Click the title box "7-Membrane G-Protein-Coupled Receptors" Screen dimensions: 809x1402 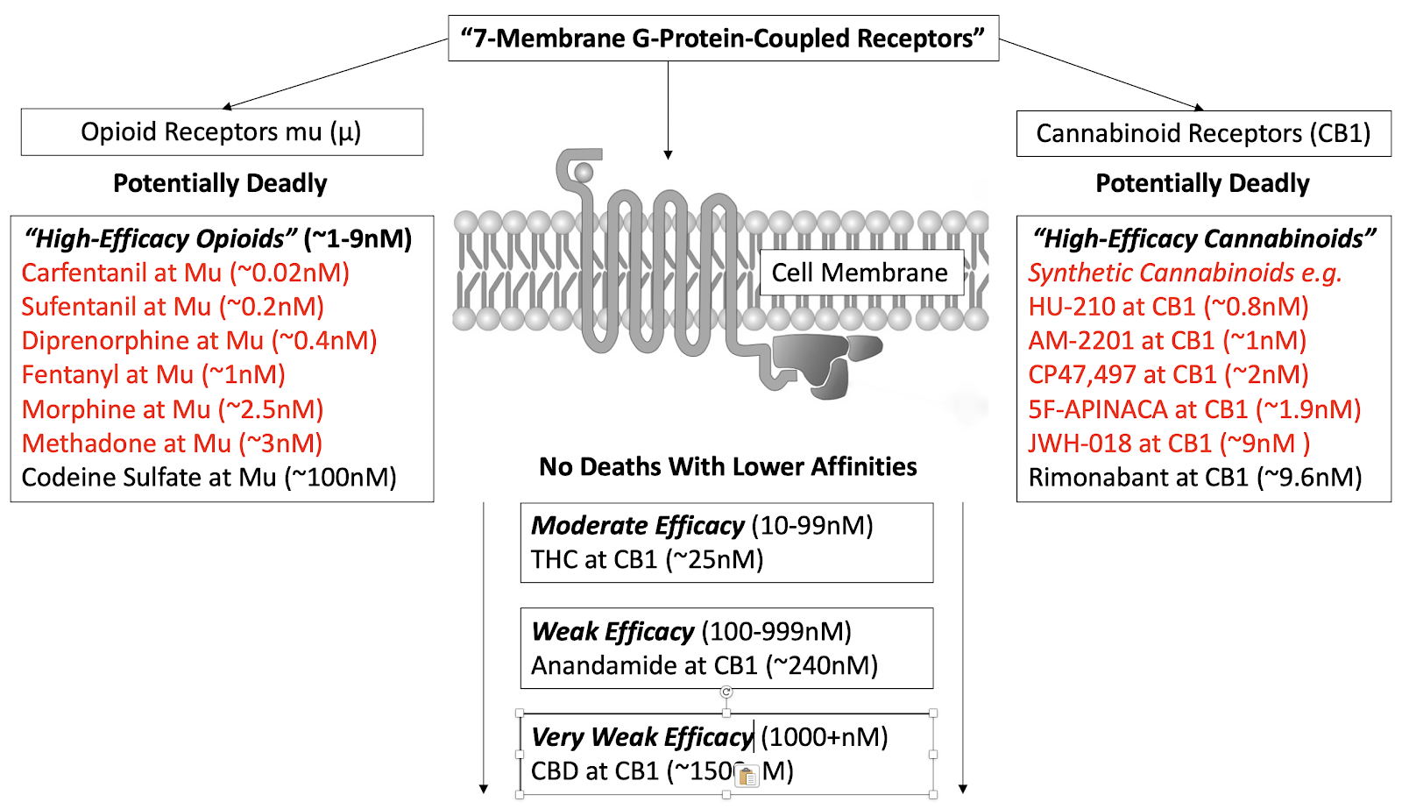pyautogui.click(x=723, y=39)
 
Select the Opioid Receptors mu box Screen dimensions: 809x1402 pyautogui.click(x=222, y=132)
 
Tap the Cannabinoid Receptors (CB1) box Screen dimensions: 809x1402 pyautogui.click(x=1203, y=134)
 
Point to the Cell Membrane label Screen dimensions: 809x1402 pyautogui.click(x=860, y=273)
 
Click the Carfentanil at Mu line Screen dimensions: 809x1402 pyautogui.click(x=186, y=273)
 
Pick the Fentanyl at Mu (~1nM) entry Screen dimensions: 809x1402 pyautogui.click(x=153, y=375)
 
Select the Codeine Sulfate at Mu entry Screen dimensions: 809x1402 pyautogui.click(x=209, y=478)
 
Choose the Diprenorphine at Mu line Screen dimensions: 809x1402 pyautogui.click(x=199, y=341)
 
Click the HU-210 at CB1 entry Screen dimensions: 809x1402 pyautogui.click(x=1168, y=307)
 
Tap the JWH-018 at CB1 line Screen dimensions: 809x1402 pyautogui.click(x=1168, y=444)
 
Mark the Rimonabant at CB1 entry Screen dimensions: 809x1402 pyautogui.click(x=1194, y=478)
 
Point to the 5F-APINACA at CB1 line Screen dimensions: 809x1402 pyautogui.click(x=1194, y=409)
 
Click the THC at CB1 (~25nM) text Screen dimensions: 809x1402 pyautogui.click(x=647, y=559)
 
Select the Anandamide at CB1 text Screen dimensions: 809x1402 pyautogui.click(x=704, y=666)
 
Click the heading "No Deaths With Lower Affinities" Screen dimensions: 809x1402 pyautogui.click(x=727, y=467)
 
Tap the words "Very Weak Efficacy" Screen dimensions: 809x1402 pyautogui.click(x=641, y=737)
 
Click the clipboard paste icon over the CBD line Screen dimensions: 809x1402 pyautogui.click(x=747, y=776)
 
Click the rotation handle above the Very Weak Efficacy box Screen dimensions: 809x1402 pyautogui.click(x=726, y=692)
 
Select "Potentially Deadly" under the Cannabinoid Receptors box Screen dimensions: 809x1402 pyautogui.click(x=1202, y=184)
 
